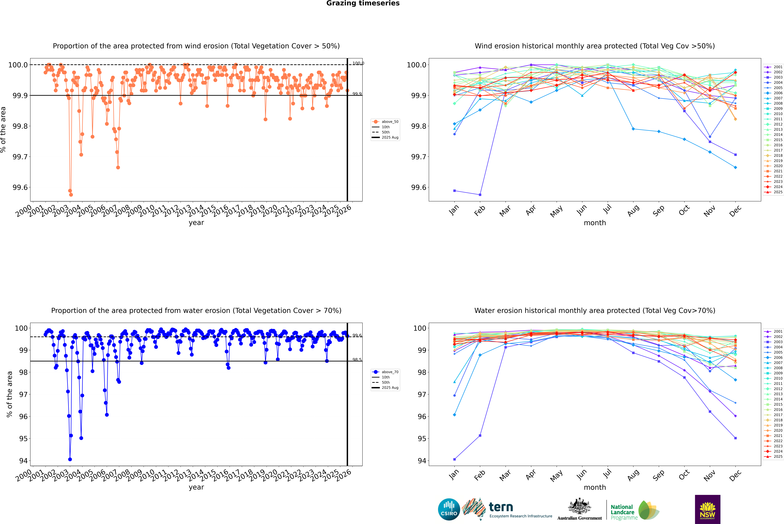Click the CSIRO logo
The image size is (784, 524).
click(449, 509)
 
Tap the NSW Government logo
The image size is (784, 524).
click(707, 509)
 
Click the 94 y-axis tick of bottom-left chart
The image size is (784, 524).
click(23, 460)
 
